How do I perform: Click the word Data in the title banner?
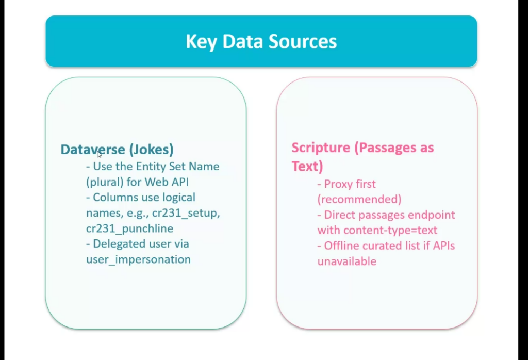[242, 41]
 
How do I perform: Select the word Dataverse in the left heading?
[93, 150]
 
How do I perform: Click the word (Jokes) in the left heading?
[151, 150]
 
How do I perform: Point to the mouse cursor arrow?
[99, 154]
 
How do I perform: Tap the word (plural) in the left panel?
[105, 182]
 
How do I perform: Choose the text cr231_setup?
[186, 213]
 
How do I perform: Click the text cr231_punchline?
[129, 228]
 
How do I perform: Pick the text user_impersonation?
[138, 259]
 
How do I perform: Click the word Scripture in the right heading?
[321, 148]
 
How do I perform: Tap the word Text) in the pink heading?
[307, 166]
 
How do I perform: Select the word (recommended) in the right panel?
[359, 199]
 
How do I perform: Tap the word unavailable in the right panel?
[347, 261]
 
